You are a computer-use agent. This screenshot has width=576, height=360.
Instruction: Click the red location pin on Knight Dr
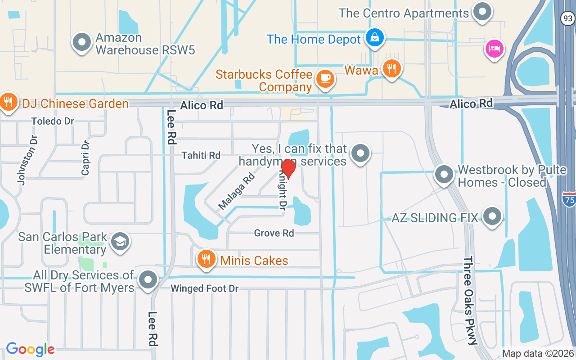288,168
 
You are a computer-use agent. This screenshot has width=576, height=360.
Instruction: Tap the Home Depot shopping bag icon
374,37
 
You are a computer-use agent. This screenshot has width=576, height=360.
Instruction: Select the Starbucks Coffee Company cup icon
325,79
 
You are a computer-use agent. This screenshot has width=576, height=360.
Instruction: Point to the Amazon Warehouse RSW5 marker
82,42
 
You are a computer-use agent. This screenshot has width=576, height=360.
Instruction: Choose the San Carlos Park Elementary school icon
120,242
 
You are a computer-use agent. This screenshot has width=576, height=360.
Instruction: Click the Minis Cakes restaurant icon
206,260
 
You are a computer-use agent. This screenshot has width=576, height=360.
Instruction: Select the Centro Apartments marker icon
482,11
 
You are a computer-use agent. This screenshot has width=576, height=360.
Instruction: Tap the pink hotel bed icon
494,49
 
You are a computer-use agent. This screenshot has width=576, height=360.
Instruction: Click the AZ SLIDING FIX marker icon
492,216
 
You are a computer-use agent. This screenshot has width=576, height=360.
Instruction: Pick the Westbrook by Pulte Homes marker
445,174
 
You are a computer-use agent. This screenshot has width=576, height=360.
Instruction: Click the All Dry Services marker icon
148,280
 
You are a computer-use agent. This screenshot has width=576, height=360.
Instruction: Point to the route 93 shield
567,18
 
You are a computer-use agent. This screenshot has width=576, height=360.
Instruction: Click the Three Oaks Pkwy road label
470,301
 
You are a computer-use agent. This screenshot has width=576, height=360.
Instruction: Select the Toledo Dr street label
53,121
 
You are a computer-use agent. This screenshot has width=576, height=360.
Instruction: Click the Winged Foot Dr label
204,288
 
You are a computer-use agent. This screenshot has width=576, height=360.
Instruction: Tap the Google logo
30,349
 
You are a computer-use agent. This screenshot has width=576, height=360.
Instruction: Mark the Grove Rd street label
274,233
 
